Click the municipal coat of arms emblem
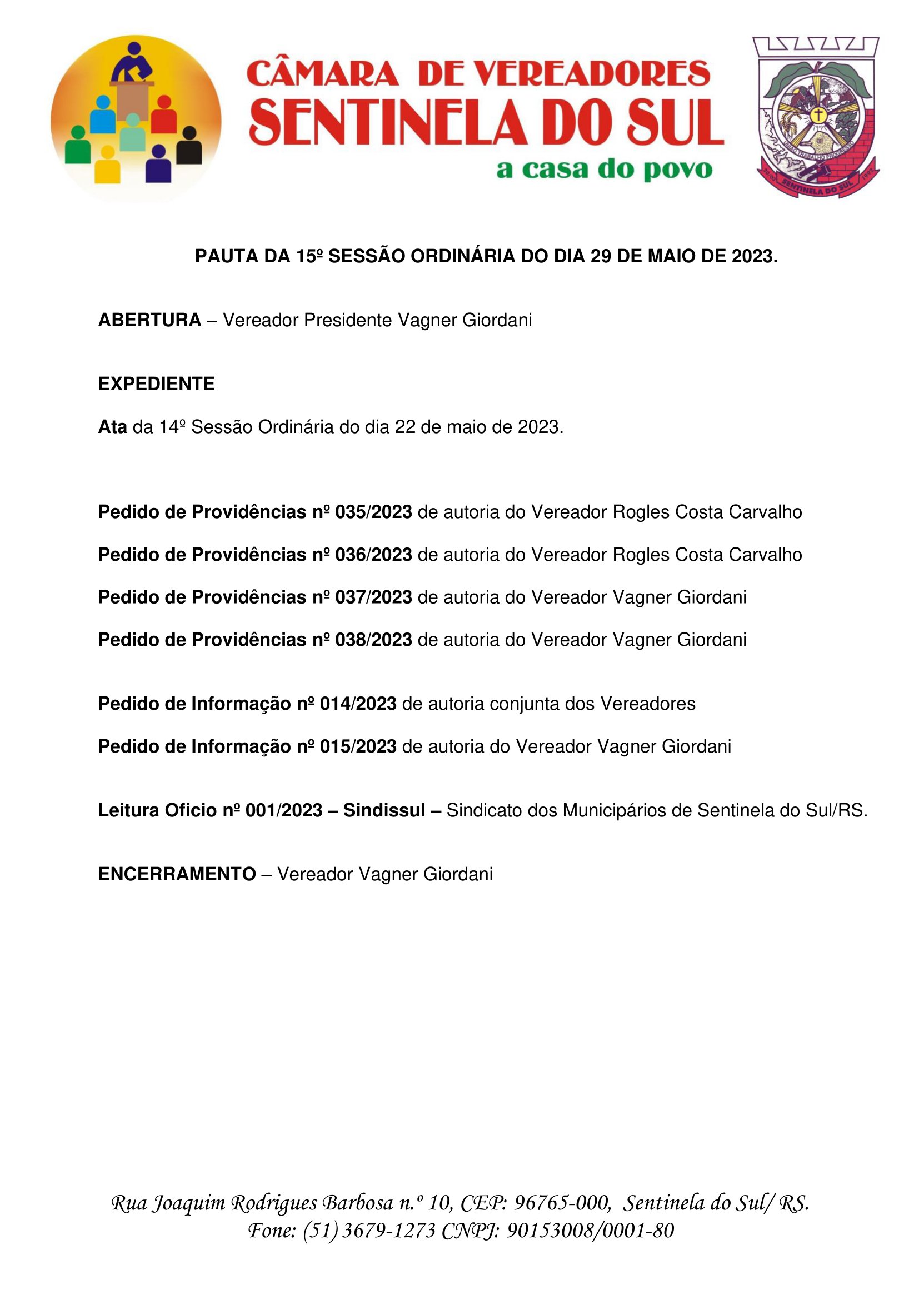tap(817, 117)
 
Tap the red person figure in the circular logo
tap(163, 116)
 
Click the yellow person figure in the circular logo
tap(107, 165)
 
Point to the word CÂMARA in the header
tap(323, 74)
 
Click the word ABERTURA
tap(149, 321)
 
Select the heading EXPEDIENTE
tap(156, 384)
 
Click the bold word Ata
tap(112, 427)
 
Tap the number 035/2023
tap(373, 512)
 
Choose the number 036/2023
tap(373, 555)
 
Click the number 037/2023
tap(373, 597)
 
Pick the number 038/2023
tap(373, 640)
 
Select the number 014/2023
tap(358, 704)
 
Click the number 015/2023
tap(358, 746)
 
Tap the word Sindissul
tap(384, 810)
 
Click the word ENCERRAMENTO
tap(177, 874)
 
